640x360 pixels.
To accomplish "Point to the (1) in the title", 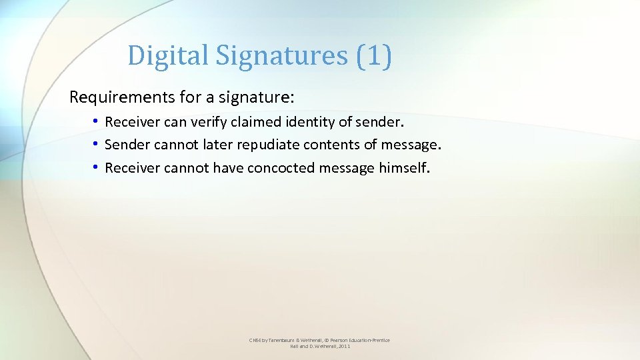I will click(x=374, y=55).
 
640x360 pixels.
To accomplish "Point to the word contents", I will click(x=331, y=145).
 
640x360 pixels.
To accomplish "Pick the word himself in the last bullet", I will click(x=405, y=168).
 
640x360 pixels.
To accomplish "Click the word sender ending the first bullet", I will click(x=379, y=123).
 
